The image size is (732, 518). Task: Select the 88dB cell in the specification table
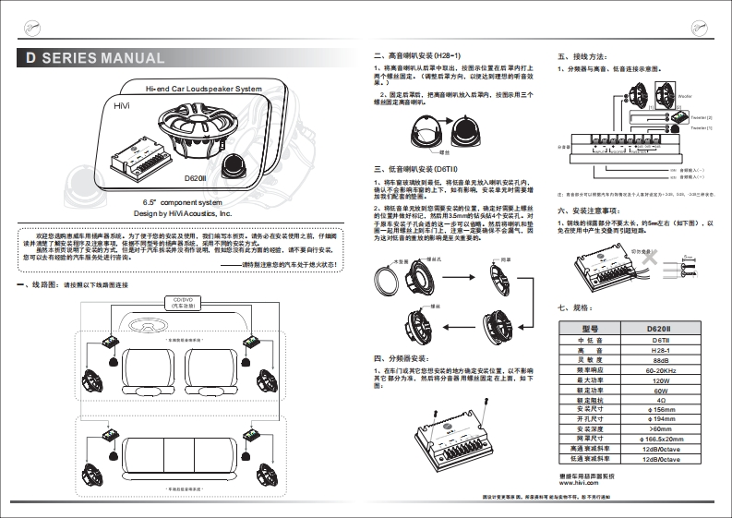point(661,360)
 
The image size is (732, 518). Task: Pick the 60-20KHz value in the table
point(661,369)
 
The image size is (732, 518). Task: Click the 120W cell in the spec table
point(661,379)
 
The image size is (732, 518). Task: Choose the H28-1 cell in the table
point(661,351)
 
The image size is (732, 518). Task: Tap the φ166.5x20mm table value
point(661,438)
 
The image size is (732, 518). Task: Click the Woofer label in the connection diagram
point(684,94)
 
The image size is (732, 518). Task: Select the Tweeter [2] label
point(702,118)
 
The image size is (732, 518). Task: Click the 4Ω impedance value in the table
point(661,399)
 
